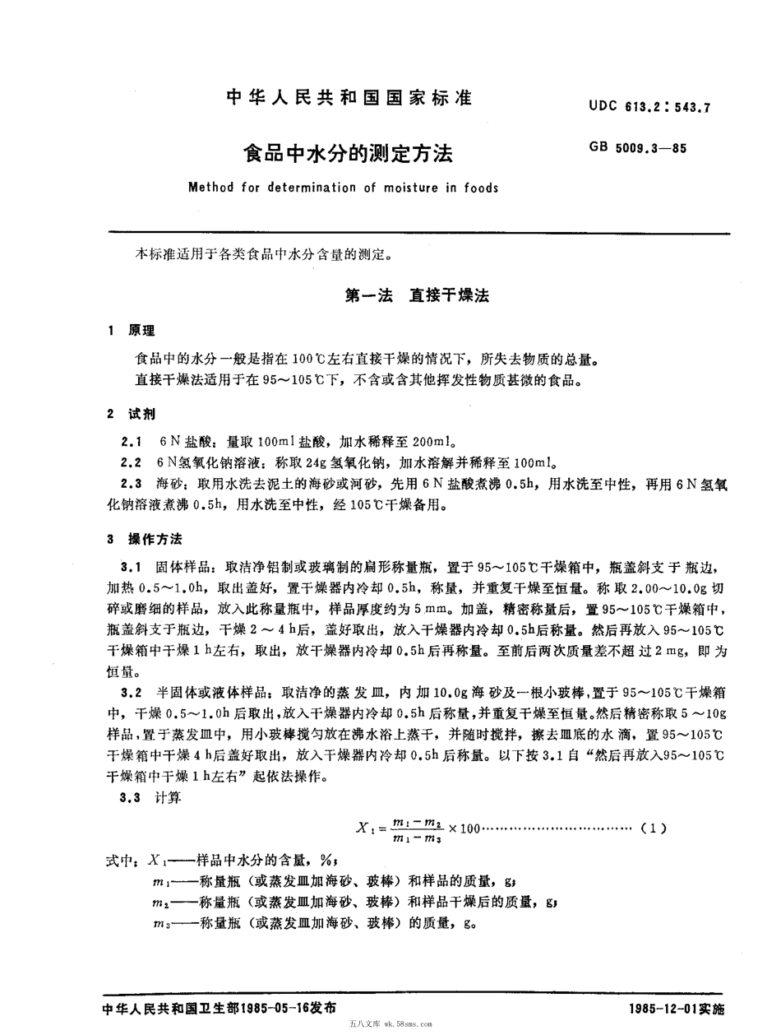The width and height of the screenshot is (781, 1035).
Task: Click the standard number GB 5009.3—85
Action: [x=637, y=148]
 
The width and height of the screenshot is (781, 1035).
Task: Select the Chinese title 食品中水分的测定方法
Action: [x=345, y=153]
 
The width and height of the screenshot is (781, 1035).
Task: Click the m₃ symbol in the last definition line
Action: [x=162, y=924]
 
